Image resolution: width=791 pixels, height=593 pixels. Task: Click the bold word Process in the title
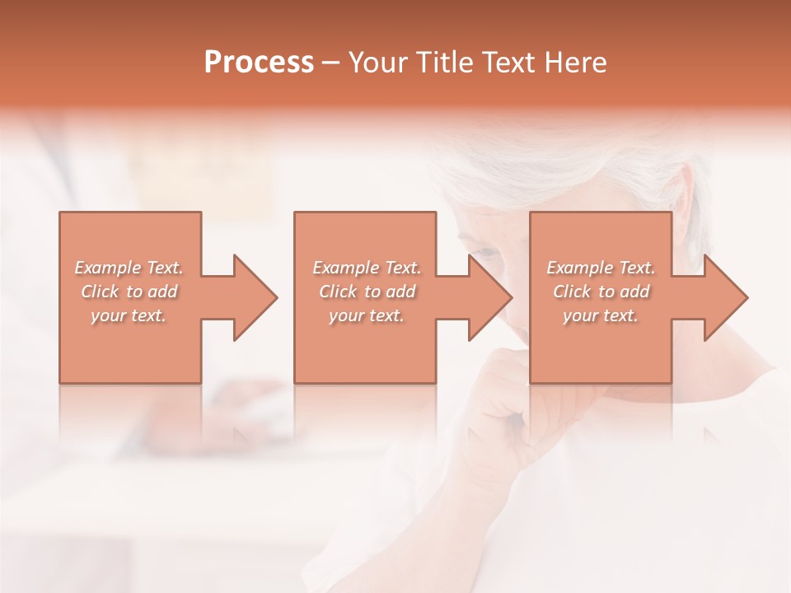tap(259, 63)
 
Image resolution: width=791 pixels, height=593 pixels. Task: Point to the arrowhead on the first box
tap(251, 297)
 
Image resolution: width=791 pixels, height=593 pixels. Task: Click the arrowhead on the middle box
tap(486, 297)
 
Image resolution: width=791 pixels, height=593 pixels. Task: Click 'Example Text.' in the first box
tap(129, 268)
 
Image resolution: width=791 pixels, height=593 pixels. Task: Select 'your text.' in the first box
tap(129, 315)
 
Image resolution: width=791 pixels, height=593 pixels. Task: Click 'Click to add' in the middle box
tap(367, 292)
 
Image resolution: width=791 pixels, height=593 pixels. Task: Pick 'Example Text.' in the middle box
tap(367, 268)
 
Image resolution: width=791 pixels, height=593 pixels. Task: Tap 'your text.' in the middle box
tap(367, 315)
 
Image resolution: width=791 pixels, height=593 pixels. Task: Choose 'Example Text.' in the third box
tap(601, 268)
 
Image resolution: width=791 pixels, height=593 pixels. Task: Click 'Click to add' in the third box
tap(601, 292)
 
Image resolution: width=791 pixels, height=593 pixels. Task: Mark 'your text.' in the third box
tap(601, 315)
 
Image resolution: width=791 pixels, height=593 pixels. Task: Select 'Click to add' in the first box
tap(129, 292)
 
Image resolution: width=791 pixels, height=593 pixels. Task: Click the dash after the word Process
tap(331, 63)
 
